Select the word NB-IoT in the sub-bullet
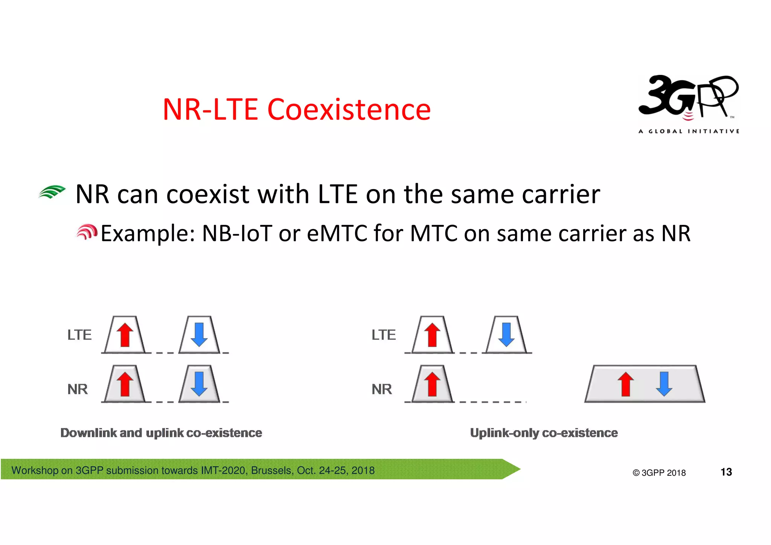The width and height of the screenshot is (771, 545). coord(237,233)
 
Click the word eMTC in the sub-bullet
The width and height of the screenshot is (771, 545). coord(337,233)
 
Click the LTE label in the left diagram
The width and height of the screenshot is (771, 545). coord(79,335)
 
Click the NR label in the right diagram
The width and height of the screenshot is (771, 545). coord(381,389)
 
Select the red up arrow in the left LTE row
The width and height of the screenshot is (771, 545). coord(125,335)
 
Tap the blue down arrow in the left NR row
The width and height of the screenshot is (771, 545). coord(199,384)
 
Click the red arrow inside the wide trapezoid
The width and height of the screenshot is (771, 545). coord(626,384)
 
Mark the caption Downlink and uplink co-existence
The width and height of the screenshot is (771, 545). coord(161,433)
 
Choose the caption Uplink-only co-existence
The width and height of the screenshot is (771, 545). coord(544,433)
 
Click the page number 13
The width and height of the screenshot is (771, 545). coord(726,472)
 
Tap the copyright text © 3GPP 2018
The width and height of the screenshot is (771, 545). coord(659,473)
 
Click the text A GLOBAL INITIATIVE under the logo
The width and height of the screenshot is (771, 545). coord(689,131)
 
